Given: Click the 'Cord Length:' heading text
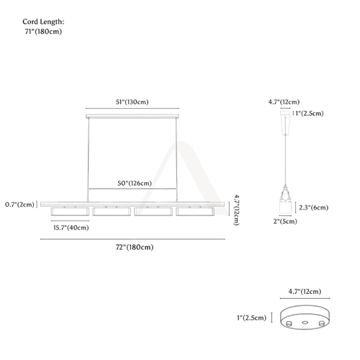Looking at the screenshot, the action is pyautogui.click(x=43, y=22).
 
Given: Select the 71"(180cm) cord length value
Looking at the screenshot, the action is pyautogui.click(x=43, y=32).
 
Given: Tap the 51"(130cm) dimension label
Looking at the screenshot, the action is pyautogui.click(x=132, y=102).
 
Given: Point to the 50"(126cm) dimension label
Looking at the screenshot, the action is pyautogui.click(x=135, y=184).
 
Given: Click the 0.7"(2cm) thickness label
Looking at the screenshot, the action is pyautogui.click(x=19, y=204).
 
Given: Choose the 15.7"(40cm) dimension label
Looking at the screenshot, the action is pyautogui.click(x=71, y=228).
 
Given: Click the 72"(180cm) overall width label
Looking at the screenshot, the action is pyautogui.click(x=135, y=247).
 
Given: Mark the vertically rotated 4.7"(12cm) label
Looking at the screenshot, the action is pyautogui.click(x=237, y=210).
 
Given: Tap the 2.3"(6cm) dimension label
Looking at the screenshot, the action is pyautogui.click(x=314, y=207).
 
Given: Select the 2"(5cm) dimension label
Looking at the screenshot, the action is pyautogui.click(x=285, y=221).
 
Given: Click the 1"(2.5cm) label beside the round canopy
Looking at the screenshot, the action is pyautogui.click(x=252, y=318).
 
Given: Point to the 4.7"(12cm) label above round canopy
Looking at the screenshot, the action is pyautogui.click(x=305, y=292).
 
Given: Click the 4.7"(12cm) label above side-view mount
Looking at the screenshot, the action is pyautogui.click(x=284, y=102).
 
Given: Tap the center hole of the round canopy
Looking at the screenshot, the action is pyautogui.click(x=305, y=323).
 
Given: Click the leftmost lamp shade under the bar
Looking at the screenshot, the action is pyautogui.click(x=70, y=212).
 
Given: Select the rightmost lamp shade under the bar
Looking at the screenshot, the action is pyautogui.click(x=195, y=212).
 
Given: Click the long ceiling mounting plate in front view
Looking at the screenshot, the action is pyautogui.click(x=132, y=117).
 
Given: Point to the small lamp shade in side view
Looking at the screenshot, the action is pyautogui.click(x=286, y=207).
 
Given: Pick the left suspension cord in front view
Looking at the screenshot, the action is pyautogui.click(x=89, y=160).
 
